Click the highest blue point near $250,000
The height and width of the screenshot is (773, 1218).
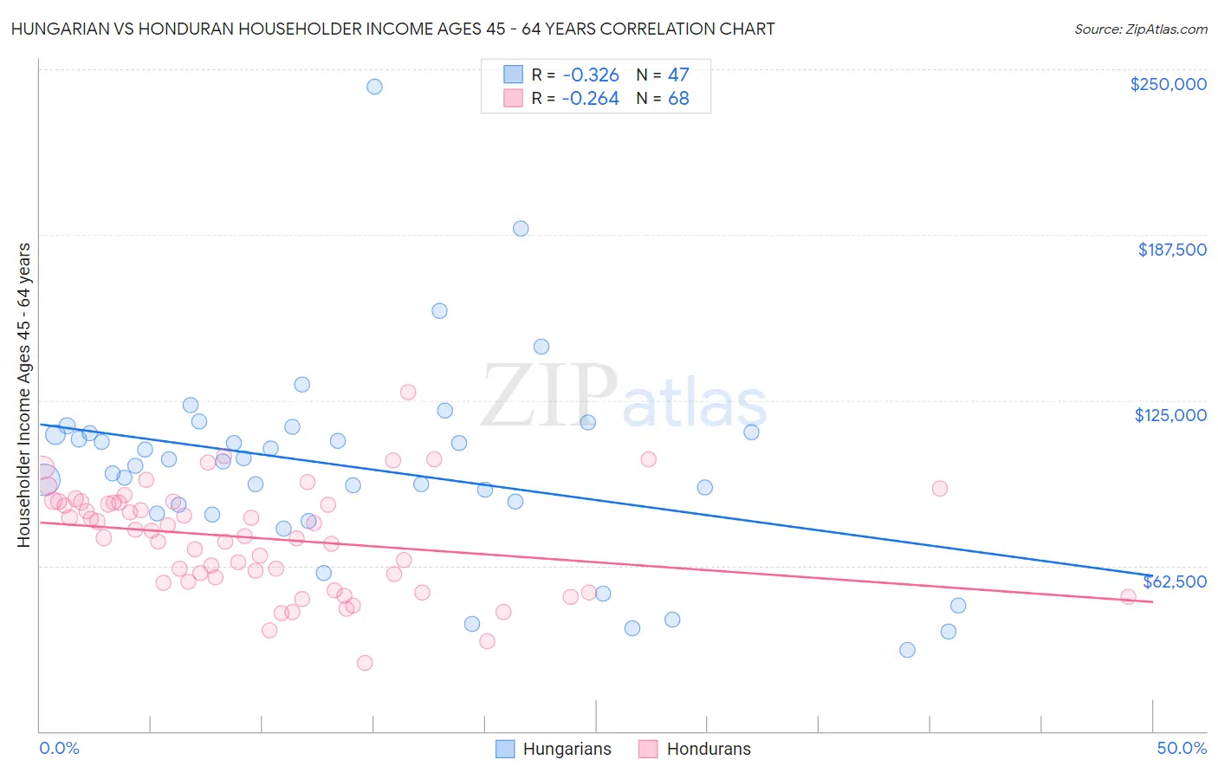(x=374, y=87)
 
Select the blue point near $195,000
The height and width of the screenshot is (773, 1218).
(x=521, y=229)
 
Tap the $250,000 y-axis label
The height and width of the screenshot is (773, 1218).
(x=1168, y=84)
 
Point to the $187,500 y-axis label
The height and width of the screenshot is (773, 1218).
(x=1171, y=250)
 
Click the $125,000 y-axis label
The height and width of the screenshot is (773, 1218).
(x=1170, y=415)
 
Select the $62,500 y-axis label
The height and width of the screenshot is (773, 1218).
(x=1174, y=581)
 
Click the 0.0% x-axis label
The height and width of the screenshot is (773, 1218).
(x=59, y=749)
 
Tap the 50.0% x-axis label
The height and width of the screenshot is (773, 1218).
(x=1182, y=749)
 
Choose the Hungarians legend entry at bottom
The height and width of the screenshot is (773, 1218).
(x=554, y=750)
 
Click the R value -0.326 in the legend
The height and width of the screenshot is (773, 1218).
(x=590, y=75)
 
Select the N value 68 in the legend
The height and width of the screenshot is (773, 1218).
(x=678, y=99)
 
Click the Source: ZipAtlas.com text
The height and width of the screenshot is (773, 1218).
(x=1140, y=29)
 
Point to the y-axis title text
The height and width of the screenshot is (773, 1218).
(x=24, y=395)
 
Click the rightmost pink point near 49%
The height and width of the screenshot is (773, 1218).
(x=1128, y=597)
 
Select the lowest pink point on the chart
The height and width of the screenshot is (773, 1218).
(x=365, y=663)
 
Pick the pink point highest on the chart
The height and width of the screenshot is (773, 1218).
(x=408, y=393)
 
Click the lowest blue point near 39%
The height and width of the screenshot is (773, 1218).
(x=907, y=650)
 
